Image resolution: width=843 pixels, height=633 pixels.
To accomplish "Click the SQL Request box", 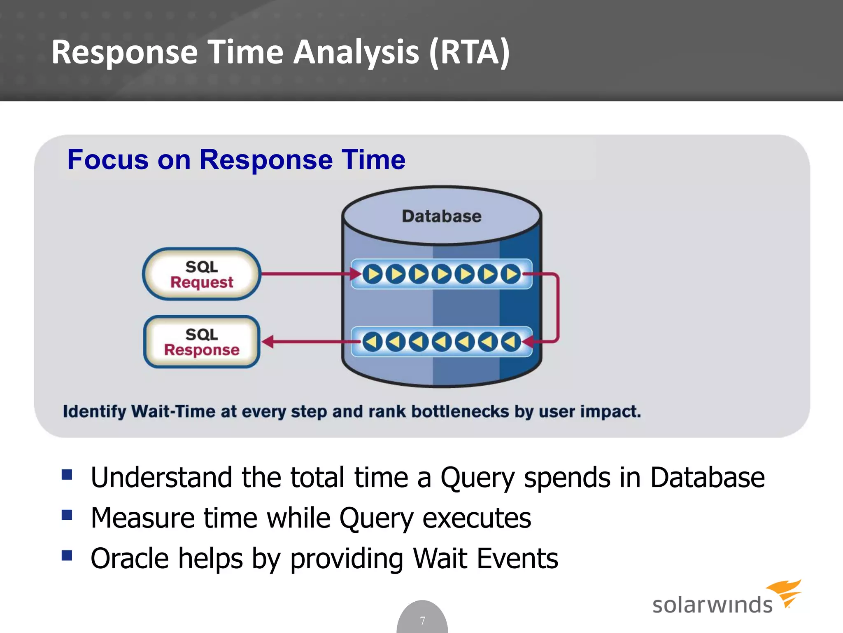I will [x=202, y=274].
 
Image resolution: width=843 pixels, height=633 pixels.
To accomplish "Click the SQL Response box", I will [x=202, y=342].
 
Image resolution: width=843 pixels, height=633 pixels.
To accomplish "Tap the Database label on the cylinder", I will [x=442, y=216].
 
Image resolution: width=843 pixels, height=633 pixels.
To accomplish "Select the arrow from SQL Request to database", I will [x=305, y=274].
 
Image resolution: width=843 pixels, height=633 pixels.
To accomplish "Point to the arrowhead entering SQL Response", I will [x=268, y=342].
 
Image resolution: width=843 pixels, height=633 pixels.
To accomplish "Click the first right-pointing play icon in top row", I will [x=373, y=274].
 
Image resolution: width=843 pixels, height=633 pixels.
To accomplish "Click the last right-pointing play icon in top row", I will [x=511, y=274].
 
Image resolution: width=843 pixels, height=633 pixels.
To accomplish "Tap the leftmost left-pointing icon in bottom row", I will [x=373, y=342].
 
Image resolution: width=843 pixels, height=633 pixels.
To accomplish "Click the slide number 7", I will [x=422, y=621].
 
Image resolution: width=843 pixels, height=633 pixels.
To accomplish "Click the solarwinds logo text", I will [x=712, y=605].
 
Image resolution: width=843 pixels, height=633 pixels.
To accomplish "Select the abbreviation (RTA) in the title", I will [x=469, y=52].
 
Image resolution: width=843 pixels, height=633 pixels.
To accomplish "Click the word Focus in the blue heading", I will [x=108, y=159].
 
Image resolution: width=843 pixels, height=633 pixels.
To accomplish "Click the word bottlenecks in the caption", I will [x=460, y=411].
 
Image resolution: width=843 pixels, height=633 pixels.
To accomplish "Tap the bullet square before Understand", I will [x=67, y=475].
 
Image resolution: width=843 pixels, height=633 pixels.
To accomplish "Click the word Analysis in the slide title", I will [x=356, y=52].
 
